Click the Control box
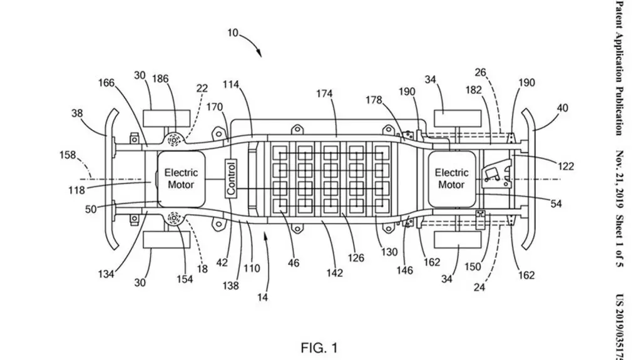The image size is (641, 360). click(232, 178)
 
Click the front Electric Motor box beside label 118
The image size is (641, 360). click(181, 179)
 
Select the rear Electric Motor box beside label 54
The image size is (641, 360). click(452, 179)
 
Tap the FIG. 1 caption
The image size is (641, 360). click(319, 347)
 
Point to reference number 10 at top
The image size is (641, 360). click(233, 33)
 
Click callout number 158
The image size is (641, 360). click(68, 155)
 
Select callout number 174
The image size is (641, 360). click(324, 94)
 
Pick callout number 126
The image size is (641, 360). click(356, 258)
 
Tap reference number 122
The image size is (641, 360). click(566, 166)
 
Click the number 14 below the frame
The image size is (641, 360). click(262, 297)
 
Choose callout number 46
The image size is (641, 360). click(294, 263)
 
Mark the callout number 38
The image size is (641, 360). click(77, 113)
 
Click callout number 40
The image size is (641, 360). click(563, 108)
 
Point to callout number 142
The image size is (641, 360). click(334, 273)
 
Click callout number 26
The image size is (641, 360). click(480, 73)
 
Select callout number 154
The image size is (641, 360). click(185, 279)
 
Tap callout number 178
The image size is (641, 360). click(374, 100)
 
